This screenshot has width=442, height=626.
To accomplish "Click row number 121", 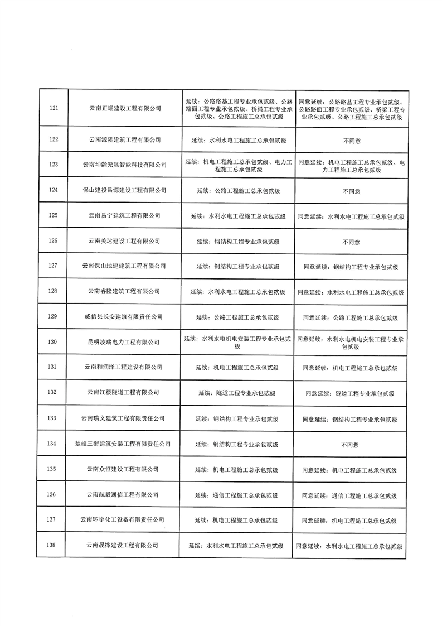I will click(54, 108).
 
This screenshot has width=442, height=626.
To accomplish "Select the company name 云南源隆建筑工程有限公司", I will click(125, 139).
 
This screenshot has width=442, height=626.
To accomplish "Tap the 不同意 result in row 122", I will click(351, 139).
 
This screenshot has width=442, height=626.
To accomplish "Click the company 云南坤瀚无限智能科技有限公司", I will click(125, 165).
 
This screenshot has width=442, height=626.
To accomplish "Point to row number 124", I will click(54, 190).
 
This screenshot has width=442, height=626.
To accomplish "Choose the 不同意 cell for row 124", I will click(351, 191).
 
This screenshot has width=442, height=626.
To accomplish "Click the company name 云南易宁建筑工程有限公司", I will click(125, 215).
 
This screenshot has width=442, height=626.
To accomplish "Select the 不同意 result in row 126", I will click(351, 242).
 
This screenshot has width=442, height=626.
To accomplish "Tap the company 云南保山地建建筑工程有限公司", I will click(125, 266).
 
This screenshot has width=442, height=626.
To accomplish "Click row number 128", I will click(54, 291).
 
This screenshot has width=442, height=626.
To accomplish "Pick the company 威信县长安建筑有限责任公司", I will click(125, 317).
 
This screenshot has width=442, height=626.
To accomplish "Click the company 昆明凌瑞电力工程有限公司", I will click(125, 342).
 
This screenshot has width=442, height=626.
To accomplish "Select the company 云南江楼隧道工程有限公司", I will click(125, 393).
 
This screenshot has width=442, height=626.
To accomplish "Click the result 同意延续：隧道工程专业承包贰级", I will click(350, 393).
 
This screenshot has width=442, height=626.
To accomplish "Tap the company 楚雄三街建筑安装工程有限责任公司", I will click(125, 444).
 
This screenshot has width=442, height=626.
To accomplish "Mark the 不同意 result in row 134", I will click(350, 445).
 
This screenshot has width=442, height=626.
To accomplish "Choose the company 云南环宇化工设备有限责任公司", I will click(125, 520).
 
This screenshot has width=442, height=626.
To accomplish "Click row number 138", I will click(54, 545).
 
